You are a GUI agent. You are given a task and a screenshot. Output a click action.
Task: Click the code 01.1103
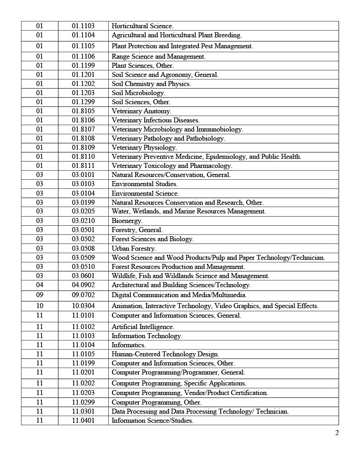click(83, 26)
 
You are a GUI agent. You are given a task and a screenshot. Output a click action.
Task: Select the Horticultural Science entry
click(142, 26)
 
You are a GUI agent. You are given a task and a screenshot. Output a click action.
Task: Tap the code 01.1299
click(83, 102)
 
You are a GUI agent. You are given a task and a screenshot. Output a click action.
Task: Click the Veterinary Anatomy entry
click(141, 111)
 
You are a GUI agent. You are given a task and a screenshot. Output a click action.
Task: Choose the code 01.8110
click(83, 157)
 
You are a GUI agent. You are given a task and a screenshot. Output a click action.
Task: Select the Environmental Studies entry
click(144, 184)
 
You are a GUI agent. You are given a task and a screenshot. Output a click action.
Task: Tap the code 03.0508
click(83, 248)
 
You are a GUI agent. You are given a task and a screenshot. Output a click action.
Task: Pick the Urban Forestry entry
click(133, 248)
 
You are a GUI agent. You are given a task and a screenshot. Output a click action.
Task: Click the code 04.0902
click(83, 285)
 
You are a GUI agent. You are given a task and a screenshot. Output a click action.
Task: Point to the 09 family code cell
click(40, 295)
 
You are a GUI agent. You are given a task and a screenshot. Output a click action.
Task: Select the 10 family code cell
click(40, 306)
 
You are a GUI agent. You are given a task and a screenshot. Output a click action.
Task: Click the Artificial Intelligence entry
click(142, 327)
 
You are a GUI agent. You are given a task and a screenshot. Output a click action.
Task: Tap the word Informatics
click(128, 345)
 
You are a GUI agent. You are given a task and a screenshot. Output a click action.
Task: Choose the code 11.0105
click(83, 354)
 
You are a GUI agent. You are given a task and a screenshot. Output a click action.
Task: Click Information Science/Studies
click(152, 420)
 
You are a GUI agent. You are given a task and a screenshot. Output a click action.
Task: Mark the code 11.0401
click(83, 420)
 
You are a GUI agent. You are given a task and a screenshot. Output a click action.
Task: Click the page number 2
click(337, 433)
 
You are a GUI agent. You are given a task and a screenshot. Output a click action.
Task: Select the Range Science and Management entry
click(158, 56)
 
